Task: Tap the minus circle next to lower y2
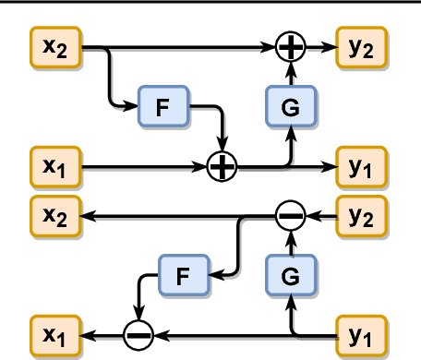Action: [x=291, y=217]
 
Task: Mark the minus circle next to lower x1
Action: [x=138, y=333]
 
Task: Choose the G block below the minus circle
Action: [x=291, y=274]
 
